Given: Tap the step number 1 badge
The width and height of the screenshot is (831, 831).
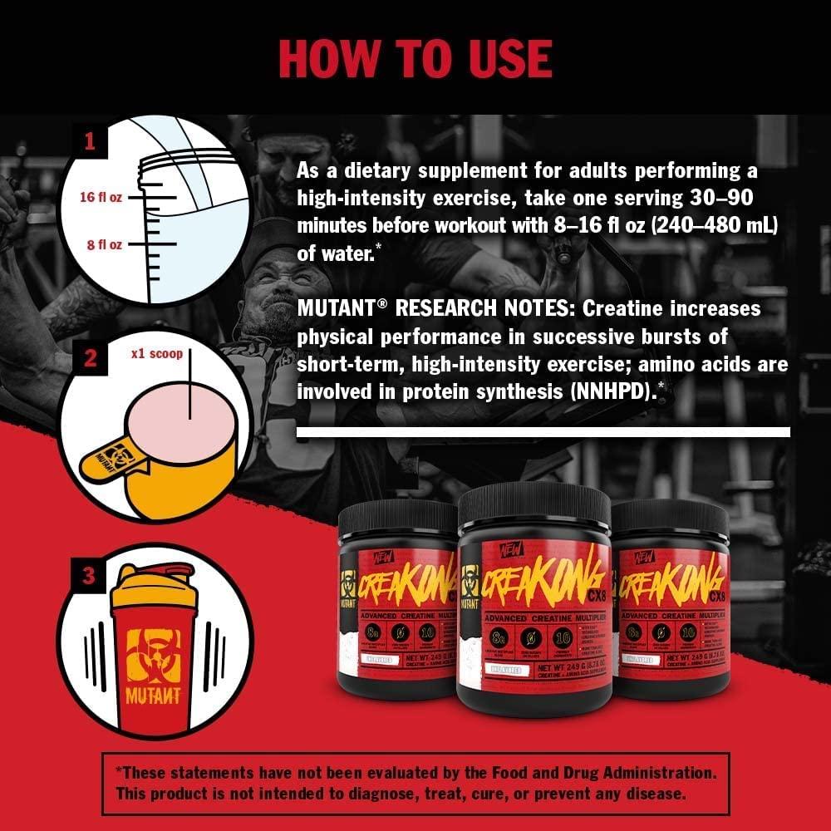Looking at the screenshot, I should [x=89, y=141].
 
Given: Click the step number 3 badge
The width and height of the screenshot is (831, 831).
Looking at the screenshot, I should [x=89, y=575].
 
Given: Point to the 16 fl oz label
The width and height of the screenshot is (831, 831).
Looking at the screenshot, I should [x=101, y=199].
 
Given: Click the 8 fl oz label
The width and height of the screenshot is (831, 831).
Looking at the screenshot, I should [x=104, y=245].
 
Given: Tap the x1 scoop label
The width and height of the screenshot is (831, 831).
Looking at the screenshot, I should [x=155, y=352].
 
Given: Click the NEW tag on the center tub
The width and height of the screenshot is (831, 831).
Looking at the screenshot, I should [x=506, y=551].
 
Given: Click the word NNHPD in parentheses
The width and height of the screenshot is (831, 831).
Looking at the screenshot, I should [x=606, y=391].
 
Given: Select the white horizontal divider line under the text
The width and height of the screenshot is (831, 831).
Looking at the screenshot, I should [x=543, y=432].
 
